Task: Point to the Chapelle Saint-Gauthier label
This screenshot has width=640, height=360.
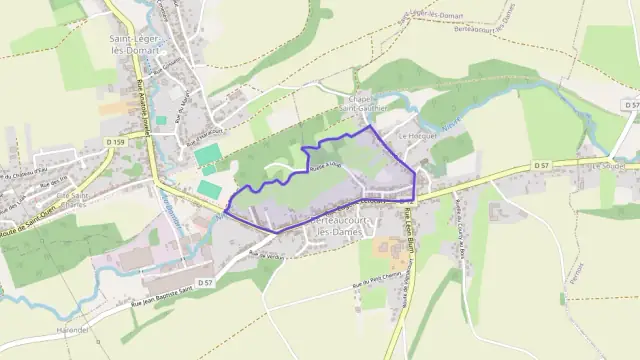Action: point(364,104)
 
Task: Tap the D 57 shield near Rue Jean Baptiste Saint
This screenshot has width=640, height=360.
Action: point(204,284)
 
